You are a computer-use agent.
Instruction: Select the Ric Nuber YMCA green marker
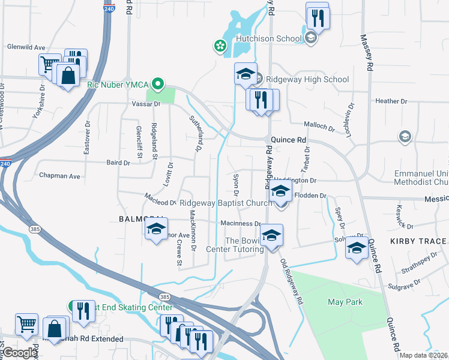[158, 85]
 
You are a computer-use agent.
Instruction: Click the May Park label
[345, 302]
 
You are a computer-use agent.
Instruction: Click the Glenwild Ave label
[26, 47]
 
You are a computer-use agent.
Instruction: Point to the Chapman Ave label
[59, 176]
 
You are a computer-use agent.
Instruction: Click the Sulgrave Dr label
[402, 287]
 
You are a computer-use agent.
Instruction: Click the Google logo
[19, 353]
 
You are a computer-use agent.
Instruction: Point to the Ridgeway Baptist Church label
[226, 203]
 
